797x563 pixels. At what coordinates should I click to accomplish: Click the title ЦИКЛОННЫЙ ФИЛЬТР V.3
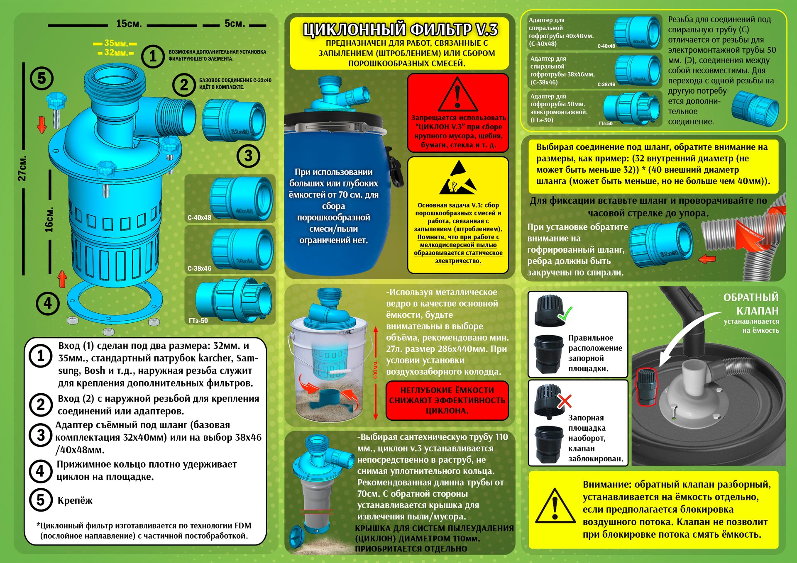[x=400, y=29]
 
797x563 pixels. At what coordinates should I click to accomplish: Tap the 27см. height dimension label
[x=22, y=168]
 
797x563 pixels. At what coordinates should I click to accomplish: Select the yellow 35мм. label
[x=116, y=43]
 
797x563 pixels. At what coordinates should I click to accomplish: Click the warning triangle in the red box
[x=457, y=94]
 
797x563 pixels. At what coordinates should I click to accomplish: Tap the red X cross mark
[x=565, y=401]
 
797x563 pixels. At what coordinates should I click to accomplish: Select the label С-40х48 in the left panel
[x=199, y=217]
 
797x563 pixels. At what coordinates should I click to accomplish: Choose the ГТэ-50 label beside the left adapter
[x=198, y=320]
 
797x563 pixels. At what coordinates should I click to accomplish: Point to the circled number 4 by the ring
[x=48, y=303]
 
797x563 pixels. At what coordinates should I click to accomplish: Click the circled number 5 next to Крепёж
[x=41, y=500]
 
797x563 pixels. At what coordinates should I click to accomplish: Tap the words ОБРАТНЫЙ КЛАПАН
[x=751, y=304]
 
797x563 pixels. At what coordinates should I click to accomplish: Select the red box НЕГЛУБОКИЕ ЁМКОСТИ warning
[x=447, y=400]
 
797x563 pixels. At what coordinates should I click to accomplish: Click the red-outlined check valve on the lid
[x=647, y=386]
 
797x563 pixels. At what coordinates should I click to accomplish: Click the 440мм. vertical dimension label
[x=375, y=369]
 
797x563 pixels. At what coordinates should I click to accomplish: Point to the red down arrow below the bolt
[x=42, y=125]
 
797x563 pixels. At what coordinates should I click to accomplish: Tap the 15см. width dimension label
[x=129, y=24]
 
